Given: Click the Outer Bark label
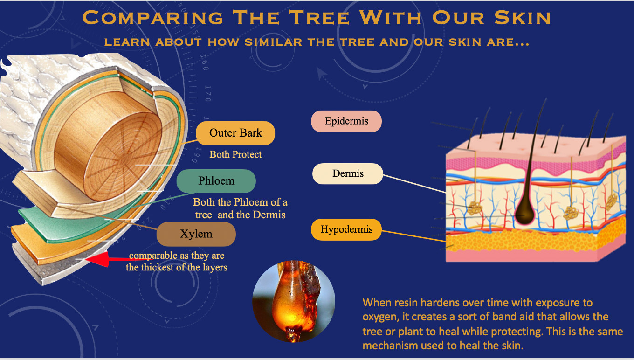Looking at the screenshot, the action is [235, 133].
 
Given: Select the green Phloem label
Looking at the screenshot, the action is [216, 181].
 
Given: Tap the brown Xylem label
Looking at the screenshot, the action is [196, 234].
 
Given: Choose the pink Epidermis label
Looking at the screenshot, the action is [346, 121].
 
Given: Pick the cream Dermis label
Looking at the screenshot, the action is [348, 173].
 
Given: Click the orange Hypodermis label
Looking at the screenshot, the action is [346, 229].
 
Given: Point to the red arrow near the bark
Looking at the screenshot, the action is [113, 259].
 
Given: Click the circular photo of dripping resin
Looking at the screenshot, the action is [294, 302].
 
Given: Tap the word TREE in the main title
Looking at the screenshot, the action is [319, 18].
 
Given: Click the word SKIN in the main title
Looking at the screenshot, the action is [523, 18].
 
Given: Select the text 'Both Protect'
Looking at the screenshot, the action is [235, 154].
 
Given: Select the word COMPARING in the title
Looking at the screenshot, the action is [153, 18].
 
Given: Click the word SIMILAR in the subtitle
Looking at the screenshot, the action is [274, 42].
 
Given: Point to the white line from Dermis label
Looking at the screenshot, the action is [414, 184].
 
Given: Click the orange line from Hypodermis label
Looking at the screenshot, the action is [414, 236].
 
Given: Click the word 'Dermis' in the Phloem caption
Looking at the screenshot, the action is [269, 215].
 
